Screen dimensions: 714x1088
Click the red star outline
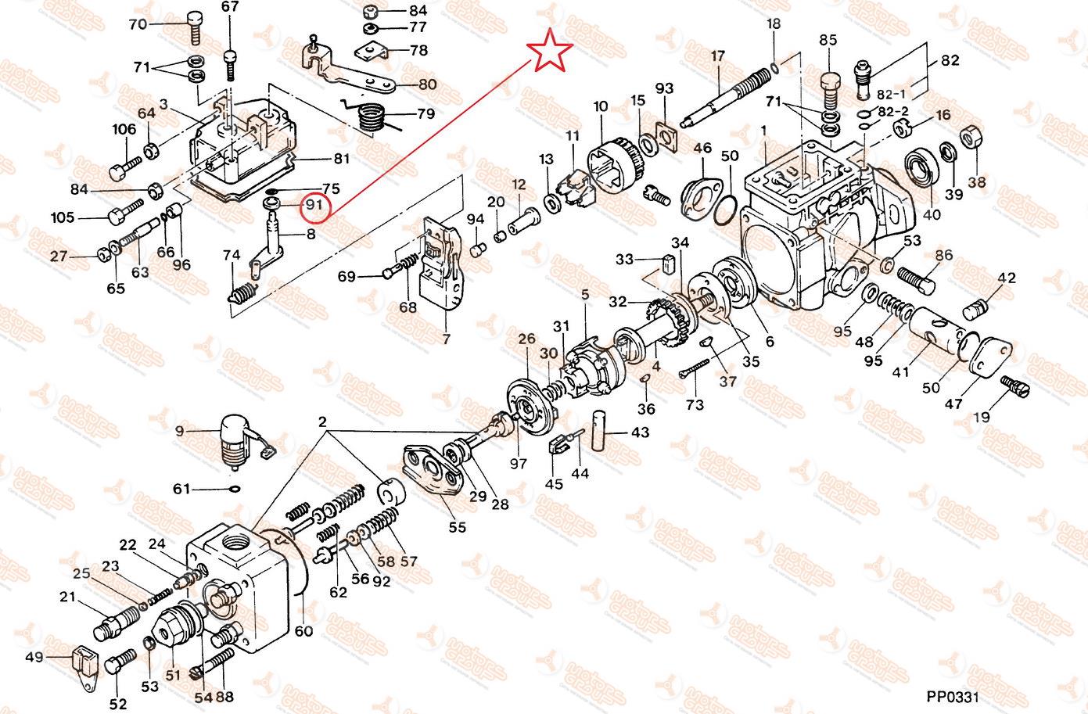pos(551,52)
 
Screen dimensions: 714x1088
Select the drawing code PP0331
pos(953,696)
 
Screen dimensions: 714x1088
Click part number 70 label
pos(138,23)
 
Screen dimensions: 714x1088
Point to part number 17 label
pos(718,56)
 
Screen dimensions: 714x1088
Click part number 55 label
pos(457,526)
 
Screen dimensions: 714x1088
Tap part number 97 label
pos(519,464)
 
